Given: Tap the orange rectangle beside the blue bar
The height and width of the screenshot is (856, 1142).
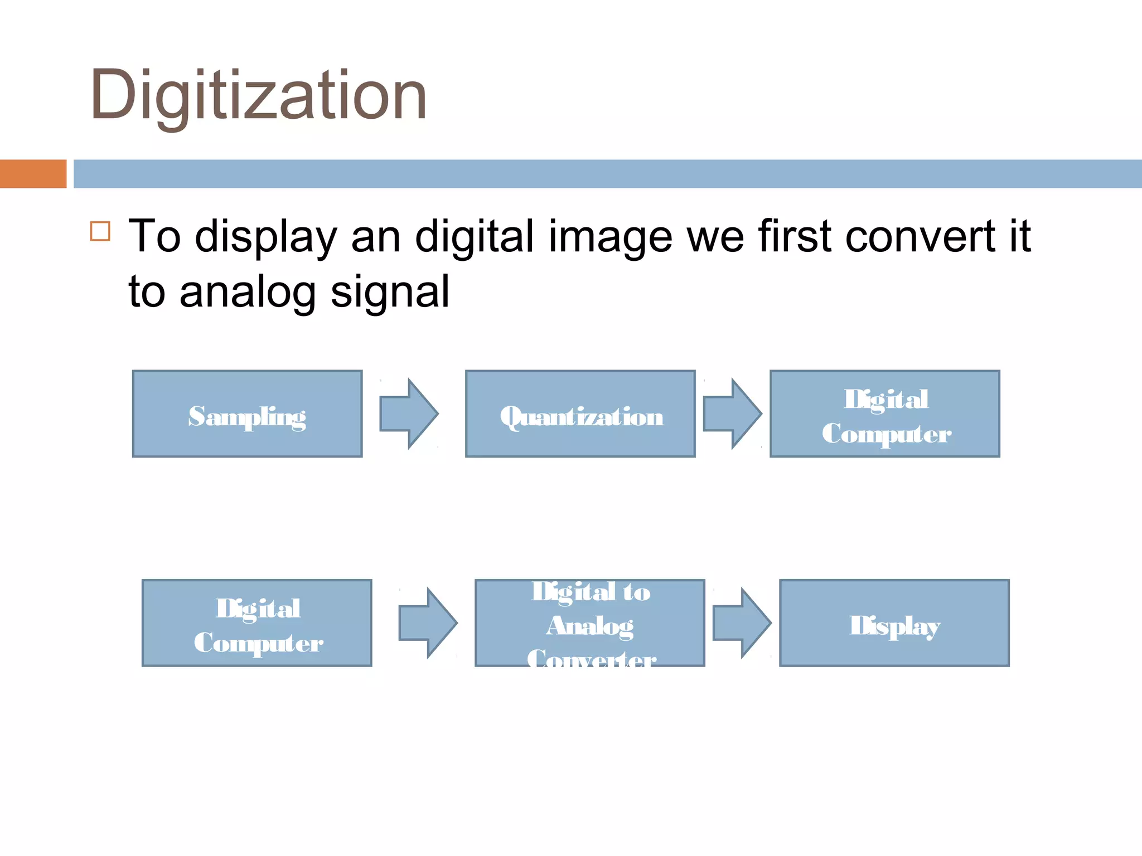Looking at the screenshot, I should point(33,174).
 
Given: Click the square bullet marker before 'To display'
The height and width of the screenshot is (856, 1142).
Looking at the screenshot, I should point(100,231).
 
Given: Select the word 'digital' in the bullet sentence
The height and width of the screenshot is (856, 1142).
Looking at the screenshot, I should point(475,237).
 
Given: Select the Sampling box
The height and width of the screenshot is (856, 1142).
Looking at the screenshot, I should point(247,414).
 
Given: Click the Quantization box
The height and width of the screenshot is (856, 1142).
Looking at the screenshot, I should point(580,414).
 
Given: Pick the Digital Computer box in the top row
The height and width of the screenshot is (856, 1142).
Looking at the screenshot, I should point(885,414).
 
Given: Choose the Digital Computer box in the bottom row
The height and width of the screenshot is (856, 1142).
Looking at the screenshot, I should point(257,623).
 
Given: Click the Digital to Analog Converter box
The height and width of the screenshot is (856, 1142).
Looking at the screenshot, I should point(589,623).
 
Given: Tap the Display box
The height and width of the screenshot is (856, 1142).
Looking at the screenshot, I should point(894,623).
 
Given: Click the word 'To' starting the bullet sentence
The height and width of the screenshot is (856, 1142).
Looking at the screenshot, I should point(154,237).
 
